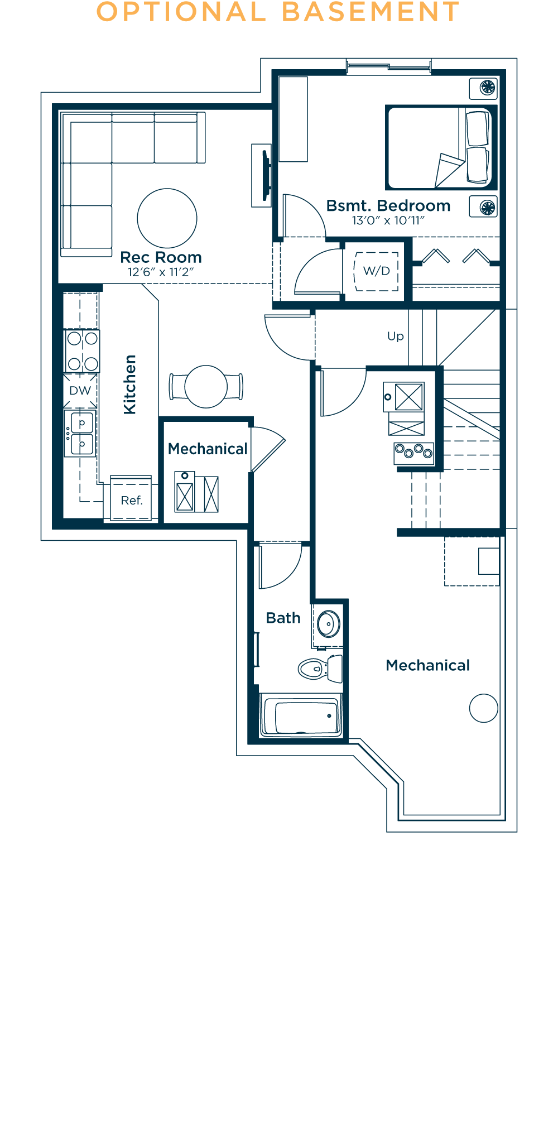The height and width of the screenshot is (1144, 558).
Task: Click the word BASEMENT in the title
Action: point(371,12)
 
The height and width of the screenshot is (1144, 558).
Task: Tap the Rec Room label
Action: point(161,257)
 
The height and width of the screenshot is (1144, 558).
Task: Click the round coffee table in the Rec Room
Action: point(167,218)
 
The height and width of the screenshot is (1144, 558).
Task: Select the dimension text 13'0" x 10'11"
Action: point(388,220)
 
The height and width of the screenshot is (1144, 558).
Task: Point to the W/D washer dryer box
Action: point(377,271)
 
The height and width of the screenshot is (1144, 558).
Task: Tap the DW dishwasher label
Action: point(80,391)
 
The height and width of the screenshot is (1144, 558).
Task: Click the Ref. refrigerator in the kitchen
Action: point(132,500)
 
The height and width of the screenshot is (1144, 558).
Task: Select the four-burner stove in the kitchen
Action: point(83,351)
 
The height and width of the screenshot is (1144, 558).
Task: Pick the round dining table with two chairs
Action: point(206,386)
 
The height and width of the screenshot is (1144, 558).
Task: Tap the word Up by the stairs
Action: point(395,337)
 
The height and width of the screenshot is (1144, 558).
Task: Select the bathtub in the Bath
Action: point(301,717)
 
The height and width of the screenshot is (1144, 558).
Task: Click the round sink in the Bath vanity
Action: point(329,623)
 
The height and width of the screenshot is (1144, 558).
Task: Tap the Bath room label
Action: point(283,618)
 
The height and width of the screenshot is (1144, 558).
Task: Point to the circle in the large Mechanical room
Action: point(483,708)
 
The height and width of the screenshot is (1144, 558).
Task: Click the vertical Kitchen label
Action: point(129,384)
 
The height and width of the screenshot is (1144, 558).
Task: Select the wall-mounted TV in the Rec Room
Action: point(266,175)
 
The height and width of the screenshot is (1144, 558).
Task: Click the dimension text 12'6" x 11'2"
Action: point(161,272)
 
